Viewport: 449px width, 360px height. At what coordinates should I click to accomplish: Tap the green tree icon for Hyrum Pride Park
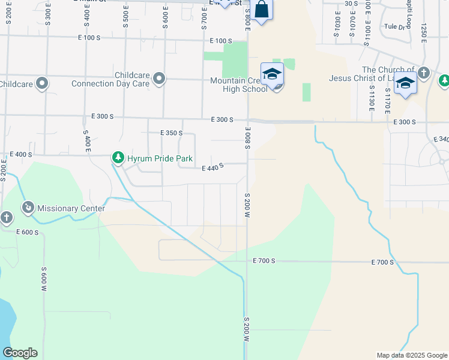[x=118, y=158]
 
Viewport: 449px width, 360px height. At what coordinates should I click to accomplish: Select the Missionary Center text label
[x=71, y=208]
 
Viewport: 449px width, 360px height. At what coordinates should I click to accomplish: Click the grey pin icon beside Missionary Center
[x=28, y=208]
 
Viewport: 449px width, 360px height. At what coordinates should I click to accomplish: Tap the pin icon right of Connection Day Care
[x=159, y=79]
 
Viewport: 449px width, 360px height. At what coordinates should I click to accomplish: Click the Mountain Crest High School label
[x=238, y=85]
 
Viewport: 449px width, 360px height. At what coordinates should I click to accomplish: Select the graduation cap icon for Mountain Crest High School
[x=272, y=74]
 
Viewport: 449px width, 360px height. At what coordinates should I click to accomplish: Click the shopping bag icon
[x=261, y=10]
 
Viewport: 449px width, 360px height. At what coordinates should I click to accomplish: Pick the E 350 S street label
[x=171, y=133]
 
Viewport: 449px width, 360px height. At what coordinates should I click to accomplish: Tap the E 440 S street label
[x=212, y=167]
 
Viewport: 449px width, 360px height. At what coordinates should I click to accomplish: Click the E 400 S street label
[x=20, y=155]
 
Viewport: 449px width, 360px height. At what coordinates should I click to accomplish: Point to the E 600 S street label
[x=27, y=232]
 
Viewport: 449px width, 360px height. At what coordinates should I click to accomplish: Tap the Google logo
[x=20, y=353]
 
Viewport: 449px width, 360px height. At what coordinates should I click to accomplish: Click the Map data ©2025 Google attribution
[x=411, y=355]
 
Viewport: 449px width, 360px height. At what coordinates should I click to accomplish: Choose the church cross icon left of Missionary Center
[x=6, y=217]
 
